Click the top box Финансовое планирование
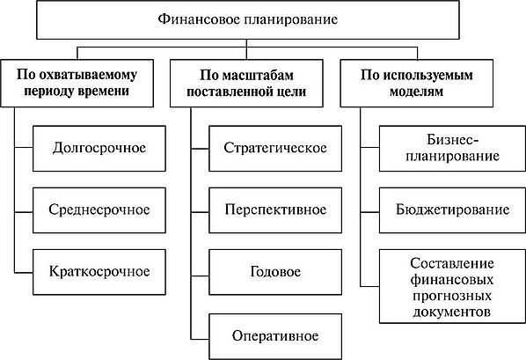pyautogui.click(x=262, y=19)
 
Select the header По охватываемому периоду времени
pyautogui.click(x=85, y=83)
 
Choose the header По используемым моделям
pyautogui.click(x=428, y=83)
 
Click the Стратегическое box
pyautogui.click(x=274, y=145)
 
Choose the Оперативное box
pyautogui.click(x=274, y=334)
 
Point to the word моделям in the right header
pyautogui.click(x=428, y=92)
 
